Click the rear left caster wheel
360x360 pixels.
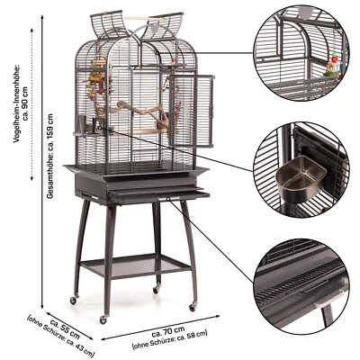click(73, 299)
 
